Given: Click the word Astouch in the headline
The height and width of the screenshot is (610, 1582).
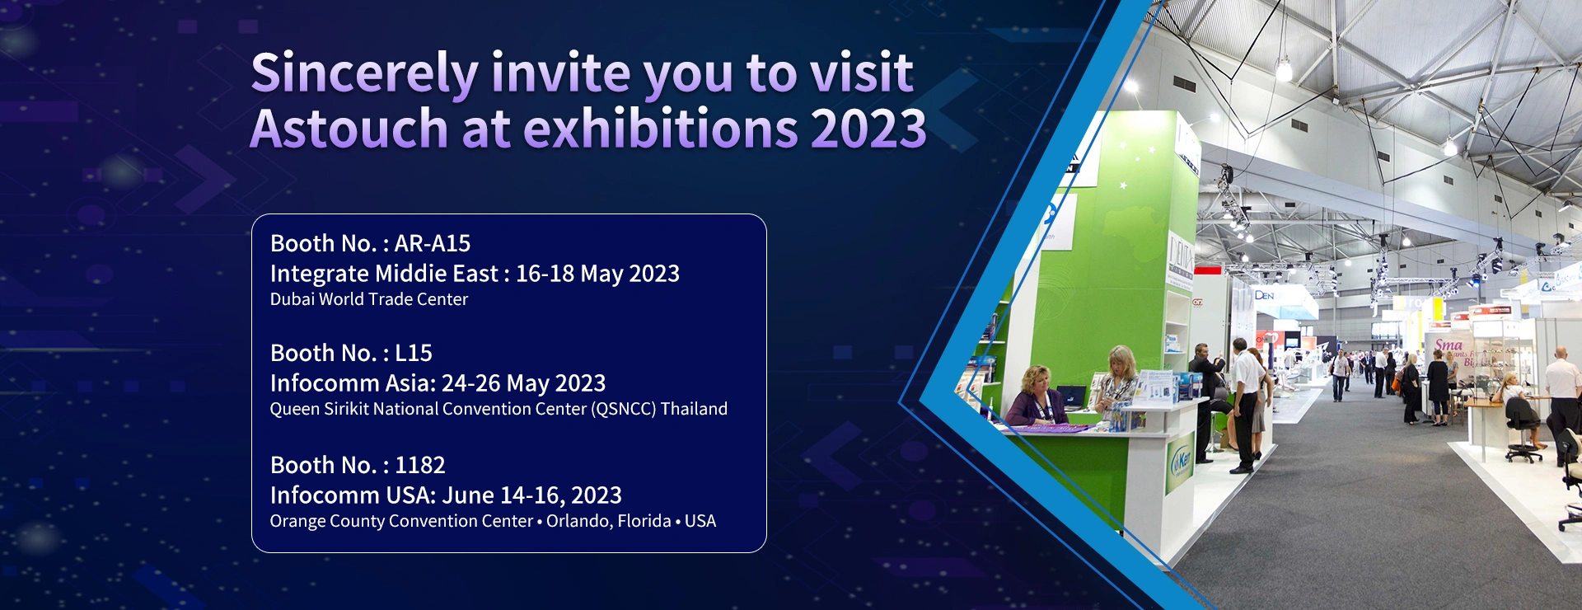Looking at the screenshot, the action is [x=349, y=129].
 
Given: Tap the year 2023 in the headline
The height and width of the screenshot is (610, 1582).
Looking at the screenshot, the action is [x=868, y=129].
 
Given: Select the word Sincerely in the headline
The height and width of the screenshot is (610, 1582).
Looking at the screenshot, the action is [x=364, y=74].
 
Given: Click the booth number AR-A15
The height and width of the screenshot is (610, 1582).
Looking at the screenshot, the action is [x=433, y=243].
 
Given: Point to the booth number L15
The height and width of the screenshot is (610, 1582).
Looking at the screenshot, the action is [x=414, y=353].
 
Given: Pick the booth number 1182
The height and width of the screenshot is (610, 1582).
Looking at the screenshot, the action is [x=420, y=465].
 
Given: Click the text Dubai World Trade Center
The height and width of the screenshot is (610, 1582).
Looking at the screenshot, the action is [x=369, y=299].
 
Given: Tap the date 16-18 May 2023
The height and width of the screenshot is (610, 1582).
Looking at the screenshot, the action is [x=597, y=274].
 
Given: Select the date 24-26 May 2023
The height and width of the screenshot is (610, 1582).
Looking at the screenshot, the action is [x=523, y=383].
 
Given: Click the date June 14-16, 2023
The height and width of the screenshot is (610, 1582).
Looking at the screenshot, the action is [x=532, y=495].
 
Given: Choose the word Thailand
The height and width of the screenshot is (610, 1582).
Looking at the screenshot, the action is [x=694, y=409].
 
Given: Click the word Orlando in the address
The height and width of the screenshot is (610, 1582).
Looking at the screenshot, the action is [x=579, y=521].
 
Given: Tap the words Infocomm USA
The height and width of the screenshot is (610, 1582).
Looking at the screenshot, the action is [x=353, y=495].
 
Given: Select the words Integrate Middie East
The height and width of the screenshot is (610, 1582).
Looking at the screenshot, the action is [x=384, y=274].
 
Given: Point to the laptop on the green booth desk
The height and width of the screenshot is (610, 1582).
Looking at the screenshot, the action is [x=1071, y=397].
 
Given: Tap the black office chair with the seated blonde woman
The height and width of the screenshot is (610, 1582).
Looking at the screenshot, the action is [x=1523, y=434].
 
